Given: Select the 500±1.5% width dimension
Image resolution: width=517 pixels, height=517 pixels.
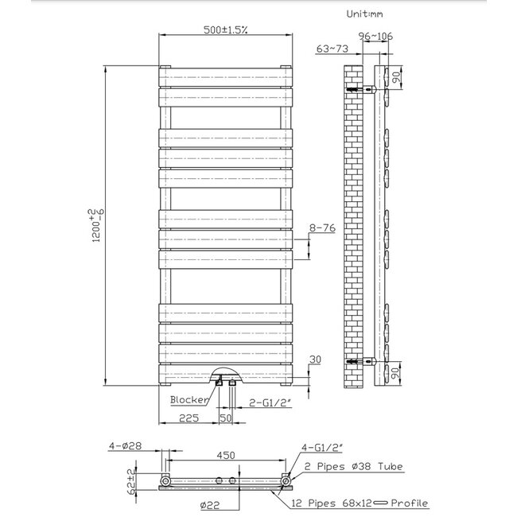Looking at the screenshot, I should pos(224,30).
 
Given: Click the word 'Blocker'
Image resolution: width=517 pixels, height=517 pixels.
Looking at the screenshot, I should pos(189,399).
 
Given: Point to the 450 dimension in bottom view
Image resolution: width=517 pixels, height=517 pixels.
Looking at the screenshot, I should pos(227,456).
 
